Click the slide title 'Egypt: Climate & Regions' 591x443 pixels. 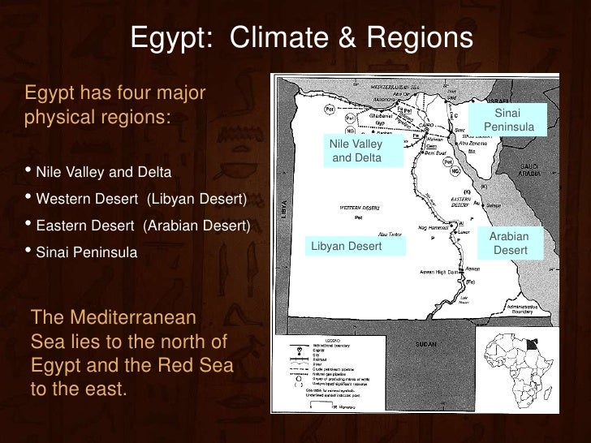click(301, 37)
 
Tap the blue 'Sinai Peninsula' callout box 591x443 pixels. click(509, 120)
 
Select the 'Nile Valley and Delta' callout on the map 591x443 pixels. click(356, 151)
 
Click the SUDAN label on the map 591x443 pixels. click(426, 344)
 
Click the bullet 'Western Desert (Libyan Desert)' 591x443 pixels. click(140, 199)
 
